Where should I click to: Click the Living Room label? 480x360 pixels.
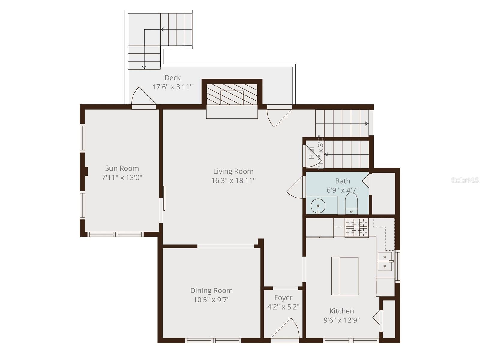click(233, 171)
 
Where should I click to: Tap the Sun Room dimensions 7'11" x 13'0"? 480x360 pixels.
click(122, 177)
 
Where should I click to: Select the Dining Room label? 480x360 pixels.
click(211, 290)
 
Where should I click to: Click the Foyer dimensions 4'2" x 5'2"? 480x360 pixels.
click(283, 307)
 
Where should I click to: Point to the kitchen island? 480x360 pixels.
click(345, 276)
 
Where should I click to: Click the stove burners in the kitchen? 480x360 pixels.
click(356, 227)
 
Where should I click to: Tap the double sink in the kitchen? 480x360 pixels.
click(385, 262)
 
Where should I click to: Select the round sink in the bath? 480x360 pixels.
click(318, 206)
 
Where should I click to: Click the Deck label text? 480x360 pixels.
click(172, 78)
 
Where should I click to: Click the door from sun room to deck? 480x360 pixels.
click(144, 97)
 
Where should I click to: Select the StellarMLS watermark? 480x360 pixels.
click(465, 180)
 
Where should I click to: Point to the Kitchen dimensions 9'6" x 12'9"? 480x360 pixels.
click(341, 320)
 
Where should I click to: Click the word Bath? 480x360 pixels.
click(343, 181)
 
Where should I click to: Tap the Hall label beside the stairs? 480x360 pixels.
click(311, 153)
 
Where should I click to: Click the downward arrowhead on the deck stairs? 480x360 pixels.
click(144, 68)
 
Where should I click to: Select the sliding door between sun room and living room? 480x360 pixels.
click(164, 198)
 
